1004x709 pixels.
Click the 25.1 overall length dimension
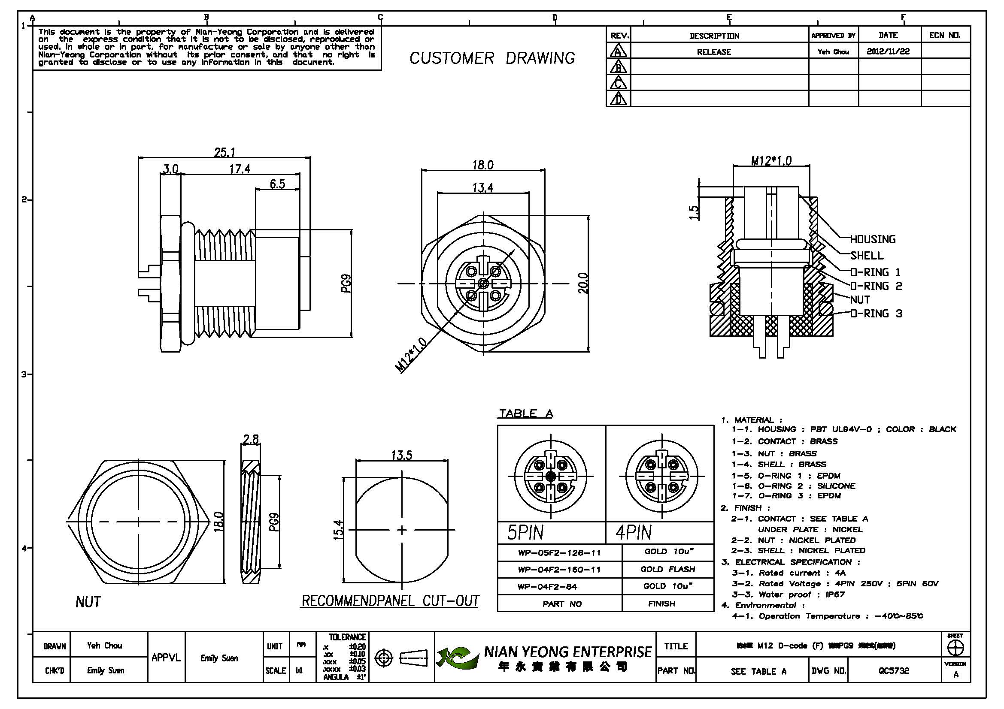coord(225,152)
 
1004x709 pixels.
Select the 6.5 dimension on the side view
coord(277,184)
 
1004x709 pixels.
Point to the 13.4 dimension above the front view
coord(483,188)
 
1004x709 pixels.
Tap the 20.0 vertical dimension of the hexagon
coord(583,283)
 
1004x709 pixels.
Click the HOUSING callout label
coord(872,239)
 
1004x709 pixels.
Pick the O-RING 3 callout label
coord(877,314)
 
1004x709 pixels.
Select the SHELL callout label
coord(867,256)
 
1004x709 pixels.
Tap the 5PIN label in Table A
coord(525,533)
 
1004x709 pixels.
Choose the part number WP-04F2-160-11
coord(559,570)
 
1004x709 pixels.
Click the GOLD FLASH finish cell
coord(667,569)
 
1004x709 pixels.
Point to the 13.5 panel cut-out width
coord(401,455)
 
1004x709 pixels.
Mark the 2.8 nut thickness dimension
coord(251,439)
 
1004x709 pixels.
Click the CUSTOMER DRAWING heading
coord(492,58)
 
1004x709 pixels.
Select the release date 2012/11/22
coord(888,51)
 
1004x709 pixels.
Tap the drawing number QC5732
coord(894,670)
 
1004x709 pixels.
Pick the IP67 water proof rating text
coord(835,594)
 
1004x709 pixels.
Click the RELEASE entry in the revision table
coord(714,52)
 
